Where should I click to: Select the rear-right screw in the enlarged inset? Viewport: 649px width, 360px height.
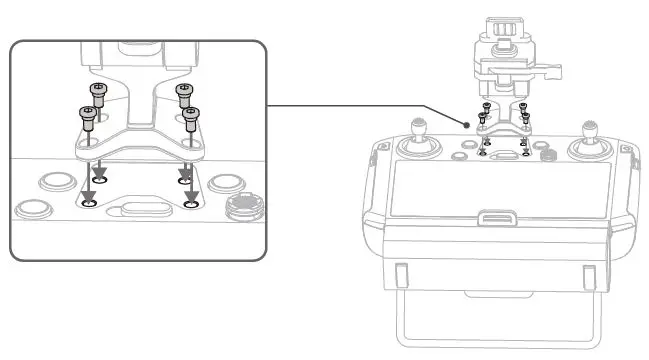183,92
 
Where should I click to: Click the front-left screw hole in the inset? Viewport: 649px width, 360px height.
89,204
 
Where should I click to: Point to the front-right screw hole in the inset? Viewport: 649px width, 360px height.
191,204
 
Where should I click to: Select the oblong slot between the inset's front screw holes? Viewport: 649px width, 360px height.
139,209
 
